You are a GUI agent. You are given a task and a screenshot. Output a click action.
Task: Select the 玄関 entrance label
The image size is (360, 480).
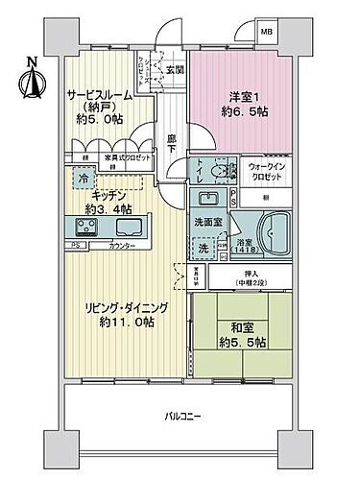pyautogui.click(x=174, y=69)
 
